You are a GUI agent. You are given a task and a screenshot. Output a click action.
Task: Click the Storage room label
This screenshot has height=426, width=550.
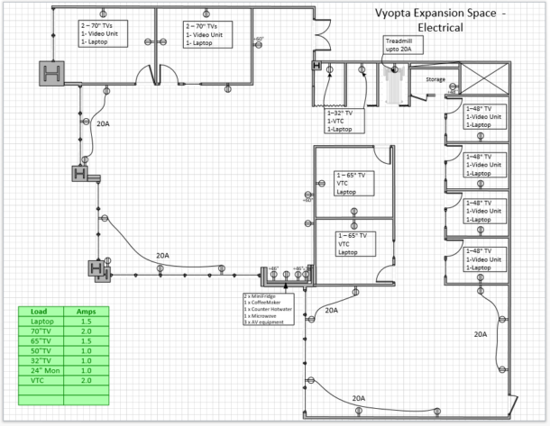435,79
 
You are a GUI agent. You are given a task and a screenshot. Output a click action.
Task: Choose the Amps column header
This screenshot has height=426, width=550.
87,310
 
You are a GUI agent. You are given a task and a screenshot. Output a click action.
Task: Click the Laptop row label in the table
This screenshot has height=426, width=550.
41,321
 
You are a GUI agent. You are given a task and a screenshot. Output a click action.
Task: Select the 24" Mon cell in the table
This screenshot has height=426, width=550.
41,370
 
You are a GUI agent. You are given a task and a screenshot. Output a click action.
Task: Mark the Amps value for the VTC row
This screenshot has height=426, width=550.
87,380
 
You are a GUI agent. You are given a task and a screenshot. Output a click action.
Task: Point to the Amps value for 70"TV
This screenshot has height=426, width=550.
87,331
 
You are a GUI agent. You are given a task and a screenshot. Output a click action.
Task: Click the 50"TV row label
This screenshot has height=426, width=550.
41,350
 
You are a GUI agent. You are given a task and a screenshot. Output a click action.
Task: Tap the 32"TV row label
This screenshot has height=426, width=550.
41,360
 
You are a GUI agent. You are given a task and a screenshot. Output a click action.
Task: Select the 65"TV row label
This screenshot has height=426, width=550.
41,340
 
